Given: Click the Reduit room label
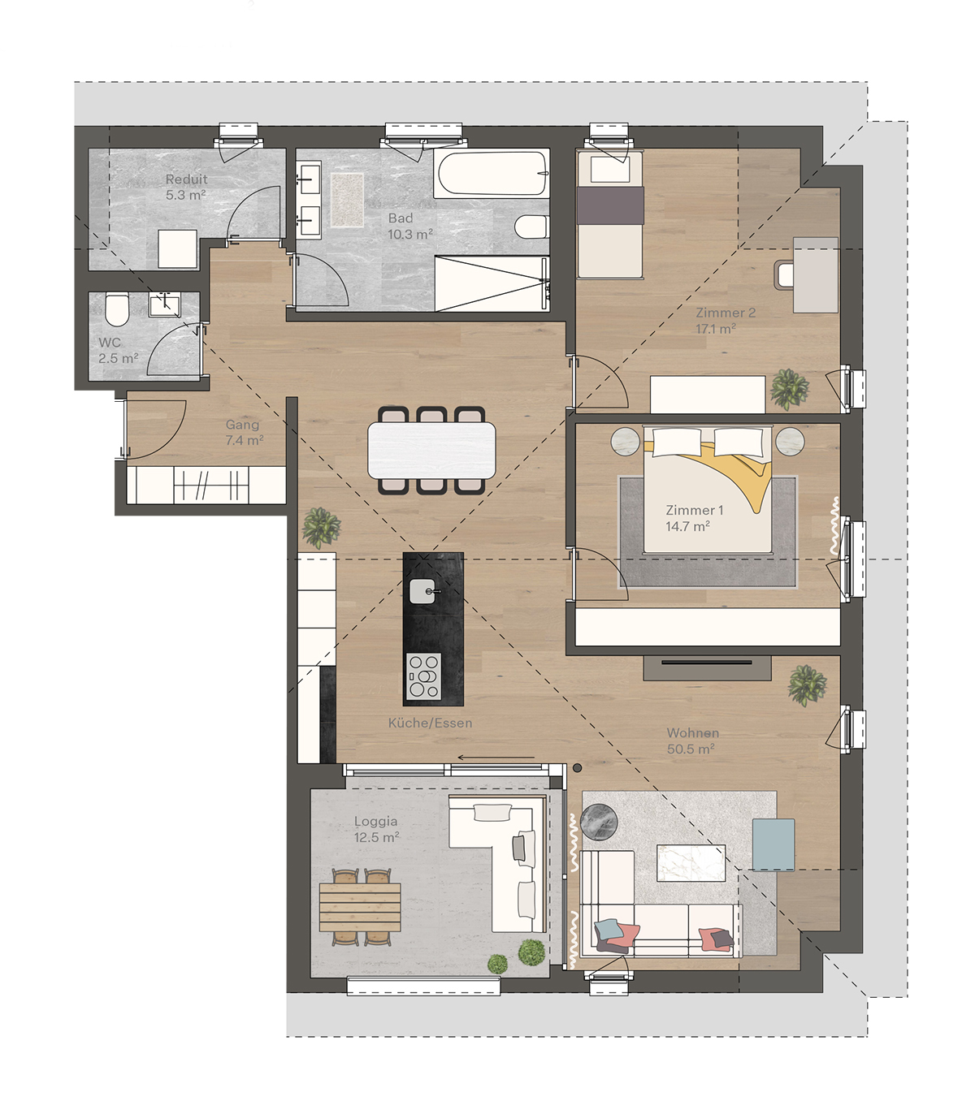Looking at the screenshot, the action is click(x=186, y=179).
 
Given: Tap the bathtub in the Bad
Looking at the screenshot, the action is click(x=490, y=174).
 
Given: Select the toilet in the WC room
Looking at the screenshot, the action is click(x=116, y=309).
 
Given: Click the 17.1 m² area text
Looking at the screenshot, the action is click(x=716, y=329).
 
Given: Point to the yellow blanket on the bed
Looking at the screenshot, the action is click(x=723, y=468).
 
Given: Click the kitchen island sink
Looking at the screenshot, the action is click(x=422, y=591).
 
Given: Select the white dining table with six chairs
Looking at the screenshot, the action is click(x=431, y=451).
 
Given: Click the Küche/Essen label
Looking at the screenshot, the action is click(x=430, y=723).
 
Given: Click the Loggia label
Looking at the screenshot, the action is click(x=375, y=821).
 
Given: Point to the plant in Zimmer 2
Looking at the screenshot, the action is click(x=789, y=388).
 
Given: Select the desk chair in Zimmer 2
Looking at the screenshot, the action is click(x=783, y=274).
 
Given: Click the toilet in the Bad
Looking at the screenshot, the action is click(x=531, y=227).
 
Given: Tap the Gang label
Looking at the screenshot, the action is click(x=242, y=425).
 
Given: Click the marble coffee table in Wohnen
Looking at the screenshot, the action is click(x=691, y=862).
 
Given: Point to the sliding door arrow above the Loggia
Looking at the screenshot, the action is click(x=496, y=757).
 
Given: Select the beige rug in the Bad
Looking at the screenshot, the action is click(x=346, y=200).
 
